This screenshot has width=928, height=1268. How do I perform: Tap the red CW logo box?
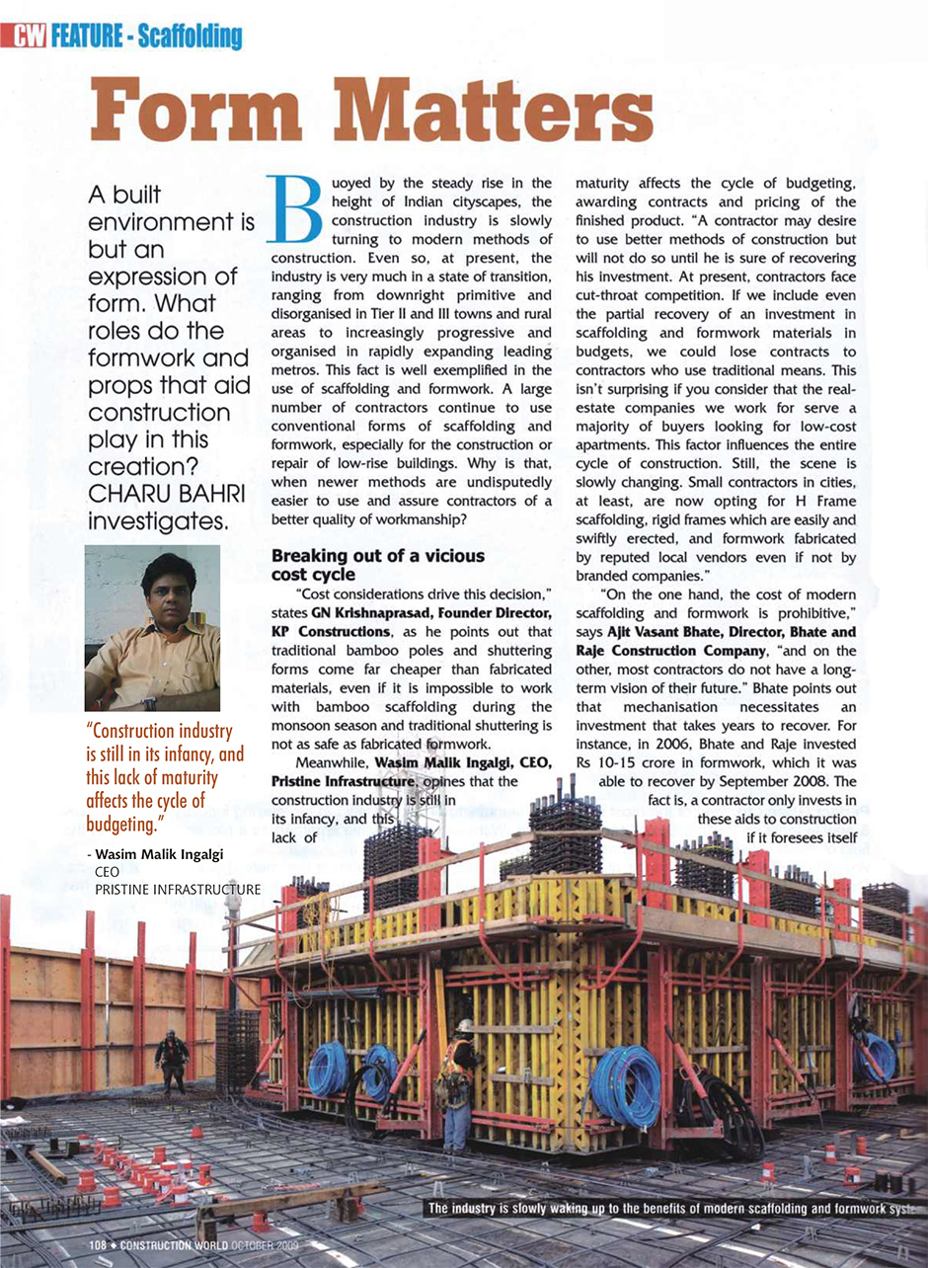coord(29,38)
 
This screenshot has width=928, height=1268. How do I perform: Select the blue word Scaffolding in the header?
coord(190,38)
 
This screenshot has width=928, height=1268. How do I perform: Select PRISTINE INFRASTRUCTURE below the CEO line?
coord(178,890)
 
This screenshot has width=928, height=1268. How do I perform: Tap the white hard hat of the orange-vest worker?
coord(463,1026)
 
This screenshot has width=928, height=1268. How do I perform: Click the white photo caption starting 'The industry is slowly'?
coord(671,1210)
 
